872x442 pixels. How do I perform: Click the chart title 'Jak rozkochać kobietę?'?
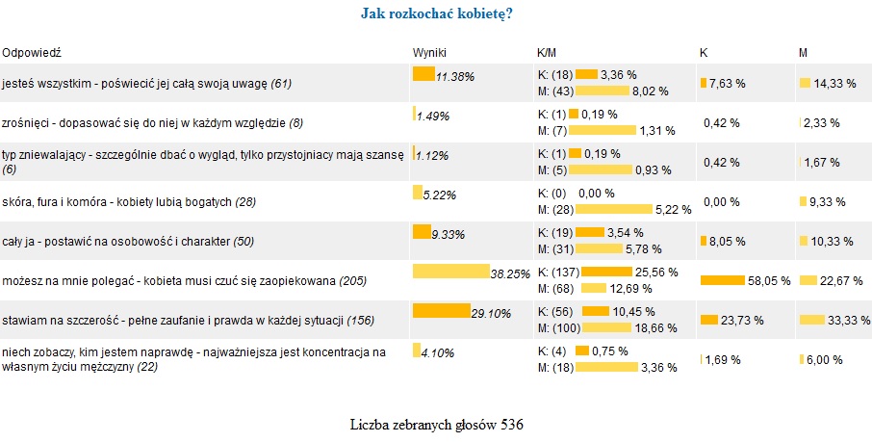(435, 13)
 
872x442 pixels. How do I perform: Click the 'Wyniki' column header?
(429, 51)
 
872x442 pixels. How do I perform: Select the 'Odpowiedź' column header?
(32, 51)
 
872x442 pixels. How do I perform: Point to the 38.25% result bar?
(449, 271)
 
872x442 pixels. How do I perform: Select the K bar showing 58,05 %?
(723, 280)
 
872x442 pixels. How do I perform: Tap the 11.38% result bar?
(423, 73)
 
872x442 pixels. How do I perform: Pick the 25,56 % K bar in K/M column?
(605, 271)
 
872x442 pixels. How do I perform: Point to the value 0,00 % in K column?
(721, 202)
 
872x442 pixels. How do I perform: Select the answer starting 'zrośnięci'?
(152, 122)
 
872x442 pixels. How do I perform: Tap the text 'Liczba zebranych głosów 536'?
(435, 423)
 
